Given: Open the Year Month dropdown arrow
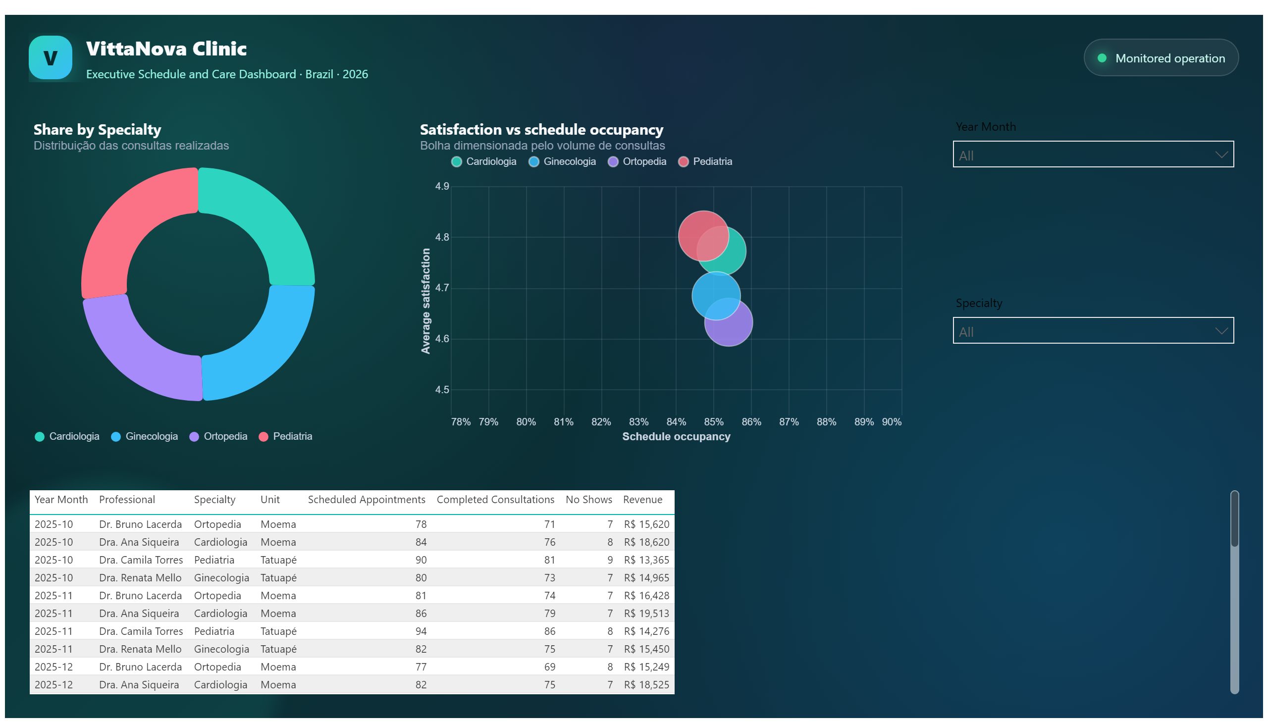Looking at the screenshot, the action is [x=1221, y=155].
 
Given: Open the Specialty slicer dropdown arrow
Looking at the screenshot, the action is [x=1221, y=331].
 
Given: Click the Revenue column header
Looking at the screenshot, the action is [x=642, y=500].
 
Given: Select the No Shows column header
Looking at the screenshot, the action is [x=588, y=500].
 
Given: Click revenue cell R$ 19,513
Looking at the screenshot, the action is [x=646, y=613].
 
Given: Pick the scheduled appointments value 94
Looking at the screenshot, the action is [x=421, y=631].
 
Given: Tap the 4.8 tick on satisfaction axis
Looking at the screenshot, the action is [x=442, y=237].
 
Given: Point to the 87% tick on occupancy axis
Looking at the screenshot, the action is [x=789, y=422].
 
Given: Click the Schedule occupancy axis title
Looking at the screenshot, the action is [x=676, y=436].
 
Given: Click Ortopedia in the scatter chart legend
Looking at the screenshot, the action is [x=644, y=161].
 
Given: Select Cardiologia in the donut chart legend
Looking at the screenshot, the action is [x=74, y=436].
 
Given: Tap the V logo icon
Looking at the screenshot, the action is [x=50, y=57].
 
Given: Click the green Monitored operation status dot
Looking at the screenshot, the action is [x=1101, y=58].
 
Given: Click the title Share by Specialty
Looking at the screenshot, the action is [x=98, y=130].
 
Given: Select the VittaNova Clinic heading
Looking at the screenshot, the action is [x=166, y=49].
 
